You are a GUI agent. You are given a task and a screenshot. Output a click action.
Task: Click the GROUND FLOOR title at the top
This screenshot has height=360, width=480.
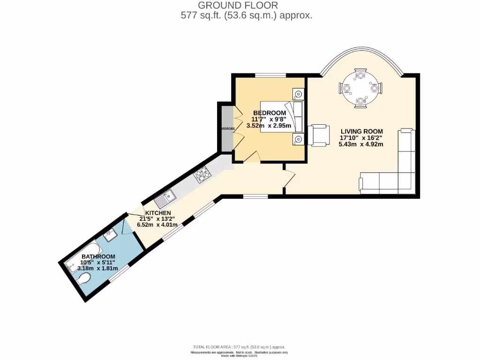(238, 6)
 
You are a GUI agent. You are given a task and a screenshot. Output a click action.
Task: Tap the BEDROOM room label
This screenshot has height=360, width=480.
(270, 113)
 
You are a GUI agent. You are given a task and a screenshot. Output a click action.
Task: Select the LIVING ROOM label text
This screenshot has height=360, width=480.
(361, 131)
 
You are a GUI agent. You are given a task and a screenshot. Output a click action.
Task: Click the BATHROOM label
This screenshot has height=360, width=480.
(98, 256)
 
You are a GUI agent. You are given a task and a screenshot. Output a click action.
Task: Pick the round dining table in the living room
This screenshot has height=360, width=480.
(360, 88)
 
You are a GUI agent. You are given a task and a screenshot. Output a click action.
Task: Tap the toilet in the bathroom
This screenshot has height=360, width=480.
(84, 280)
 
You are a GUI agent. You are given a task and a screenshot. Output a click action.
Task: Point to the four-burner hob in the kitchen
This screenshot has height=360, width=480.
(202, 175)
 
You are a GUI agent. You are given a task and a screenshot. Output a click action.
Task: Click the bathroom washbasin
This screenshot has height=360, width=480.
(110, 234)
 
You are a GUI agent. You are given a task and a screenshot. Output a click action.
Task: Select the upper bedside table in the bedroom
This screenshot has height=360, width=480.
(298, 94)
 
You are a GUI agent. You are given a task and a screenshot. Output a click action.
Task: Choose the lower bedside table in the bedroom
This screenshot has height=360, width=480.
(298, 138)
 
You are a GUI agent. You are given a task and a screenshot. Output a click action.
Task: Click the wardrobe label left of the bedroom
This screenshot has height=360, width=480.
(226, 128)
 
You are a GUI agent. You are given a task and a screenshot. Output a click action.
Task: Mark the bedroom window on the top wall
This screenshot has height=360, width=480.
(270, 75)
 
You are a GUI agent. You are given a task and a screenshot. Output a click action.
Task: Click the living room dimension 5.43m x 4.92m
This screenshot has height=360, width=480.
(361, 144)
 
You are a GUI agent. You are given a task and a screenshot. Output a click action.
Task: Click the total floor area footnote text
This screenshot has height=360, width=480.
(240, 347)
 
